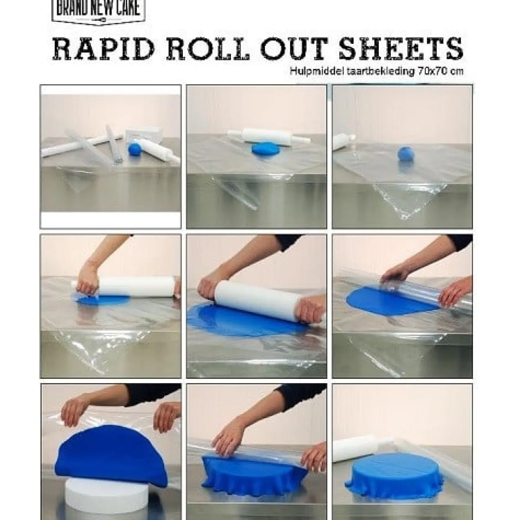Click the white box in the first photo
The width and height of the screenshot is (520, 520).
[x=143, y=134]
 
